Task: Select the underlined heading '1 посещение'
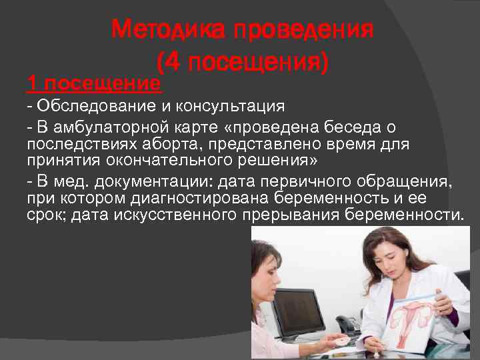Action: [94, 84]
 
